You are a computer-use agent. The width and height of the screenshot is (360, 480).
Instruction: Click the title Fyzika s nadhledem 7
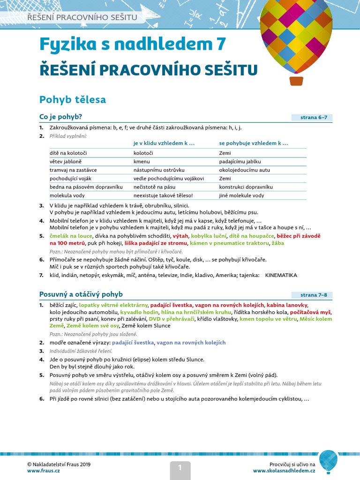point(133,44)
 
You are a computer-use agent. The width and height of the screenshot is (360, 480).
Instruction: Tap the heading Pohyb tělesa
point(73,99)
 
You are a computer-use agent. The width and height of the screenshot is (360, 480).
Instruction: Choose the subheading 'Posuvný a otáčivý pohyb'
point(81,294)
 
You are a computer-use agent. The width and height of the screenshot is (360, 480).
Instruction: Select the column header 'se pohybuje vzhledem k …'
point(253,143)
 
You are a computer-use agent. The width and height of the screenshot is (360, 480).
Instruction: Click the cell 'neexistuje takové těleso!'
point(163,195)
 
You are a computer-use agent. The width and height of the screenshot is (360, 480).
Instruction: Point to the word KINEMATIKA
point(281,275)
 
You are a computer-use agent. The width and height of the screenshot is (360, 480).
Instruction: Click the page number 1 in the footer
point(179,467)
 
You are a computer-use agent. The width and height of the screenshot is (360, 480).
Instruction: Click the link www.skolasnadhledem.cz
point(284,470)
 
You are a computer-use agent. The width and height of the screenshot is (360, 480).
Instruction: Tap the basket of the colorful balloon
point(296,81)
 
